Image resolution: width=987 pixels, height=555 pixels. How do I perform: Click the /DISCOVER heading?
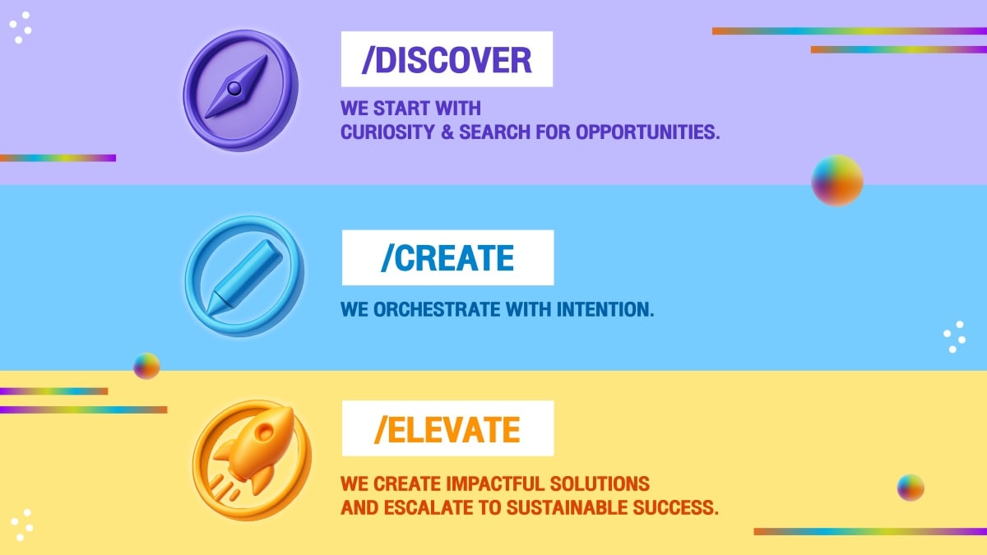tap(447, 60)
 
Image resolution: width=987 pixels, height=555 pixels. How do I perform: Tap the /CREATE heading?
tap(447, 257)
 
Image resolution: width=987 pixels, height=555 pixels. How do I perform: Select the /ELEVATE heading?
tap(447, 429)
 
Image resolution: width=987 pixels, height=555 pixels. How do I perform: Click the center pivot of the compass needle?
tap(234, 89)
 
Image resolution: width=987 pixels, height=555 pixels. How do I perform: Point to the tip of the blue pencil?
tap(208, 313)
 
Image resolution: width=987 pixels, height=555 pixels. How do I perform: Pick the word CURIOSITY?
tap(387, 132)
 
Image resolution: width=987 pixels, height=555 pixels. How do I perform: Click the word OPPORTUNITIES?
tap(648, 132)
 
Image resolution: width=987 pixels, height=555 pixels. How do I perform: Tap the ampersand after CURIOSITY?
tap(447, 132)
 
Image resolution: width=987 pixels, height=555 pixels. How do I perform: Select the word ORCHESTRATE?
tap(437, 309)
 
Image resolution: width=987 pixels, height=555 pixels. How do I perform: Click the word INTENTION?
tap(605, 309)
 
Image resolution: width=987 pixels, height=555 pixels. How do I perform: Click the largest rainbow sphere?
tap(837, 181)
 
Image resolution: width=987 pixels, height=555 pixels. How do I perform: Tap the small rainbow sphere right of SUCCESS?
tap(911, 488)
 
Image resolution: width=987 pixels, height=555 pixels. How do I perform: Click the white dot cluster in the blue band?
tap(954, 337)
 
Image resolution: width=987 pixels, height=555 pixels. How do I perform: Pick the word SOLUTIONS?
tap(600, 483)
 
